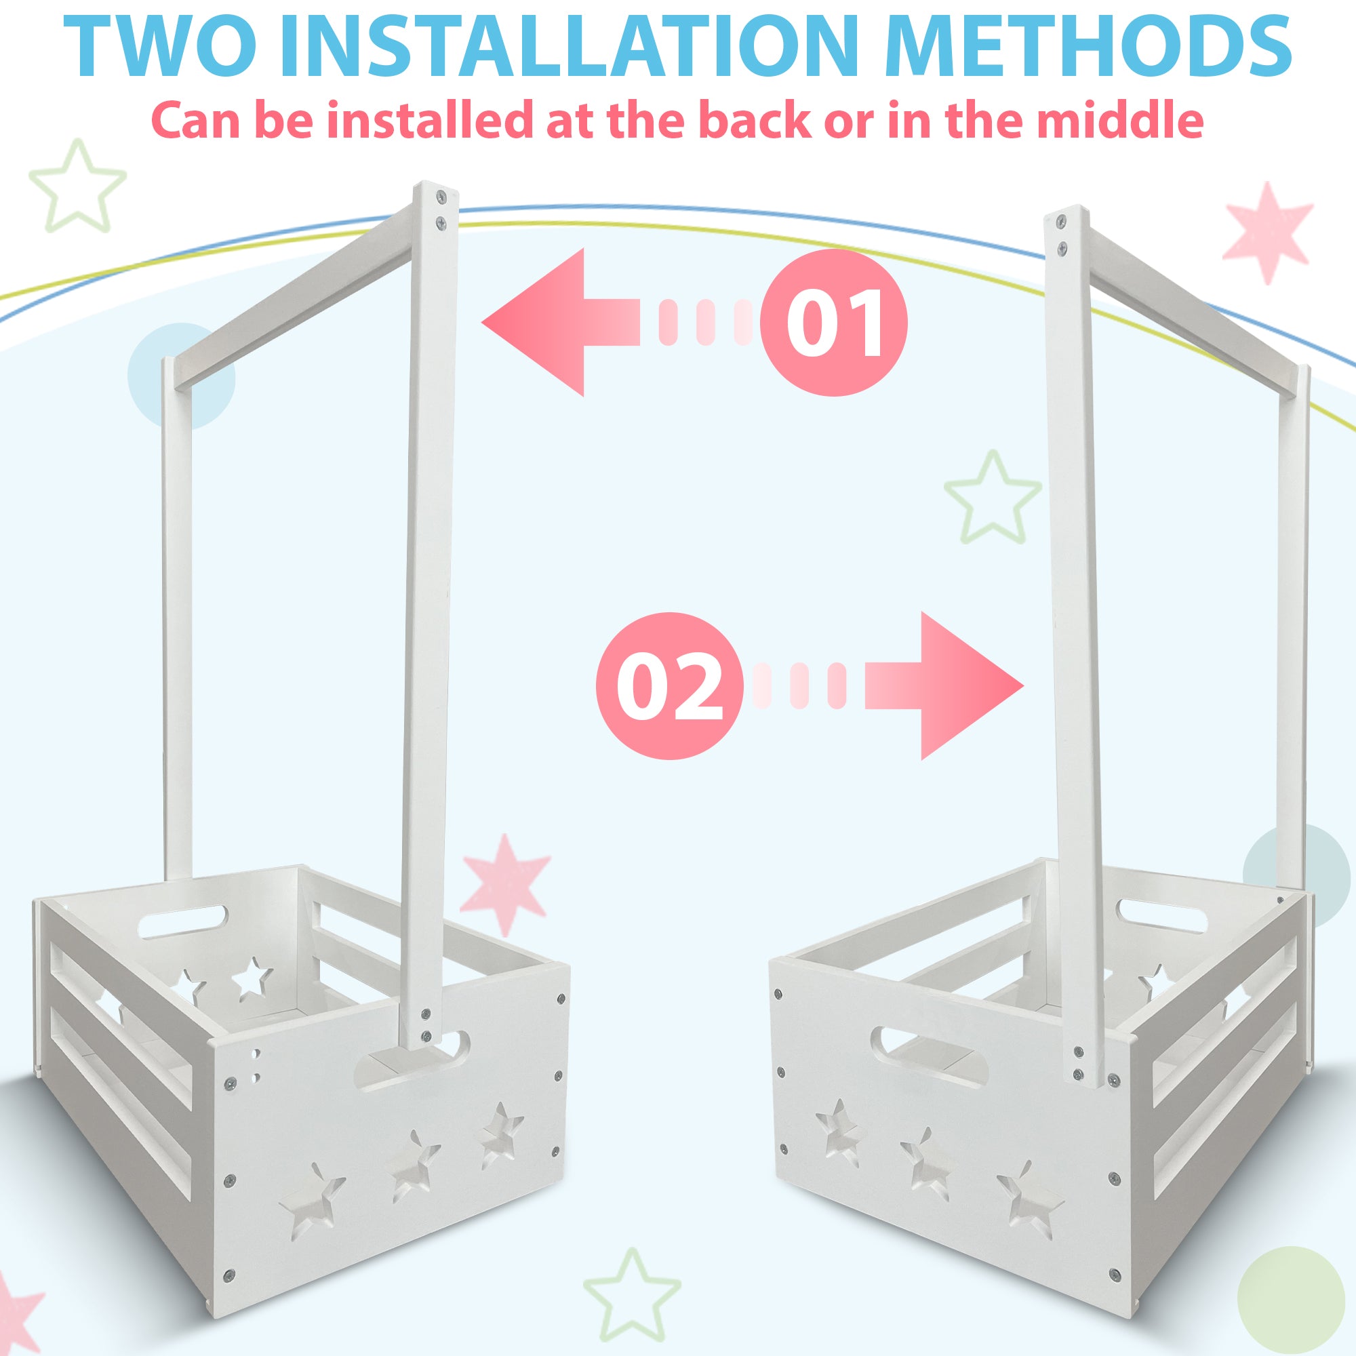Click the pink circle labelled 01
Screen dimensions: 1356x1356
[x=834, y=322]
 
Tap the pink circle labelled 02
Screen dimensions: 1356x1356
[x=669, y=685]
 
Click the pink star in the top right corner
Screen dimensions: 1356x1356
[x=1267, y=232]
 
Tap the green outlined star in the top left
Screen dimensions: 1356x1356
[x=77, y=186]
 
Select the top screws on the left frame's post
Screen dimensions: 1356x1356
[x=440, y=209]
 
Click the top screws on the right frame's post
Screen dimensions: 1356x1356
[x=1060, y=235]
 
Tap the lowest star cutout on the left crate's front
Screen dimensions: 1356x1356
[x=313, y=1194]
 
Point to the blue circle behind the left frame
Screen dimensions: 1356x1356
[x=181, y=376]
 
